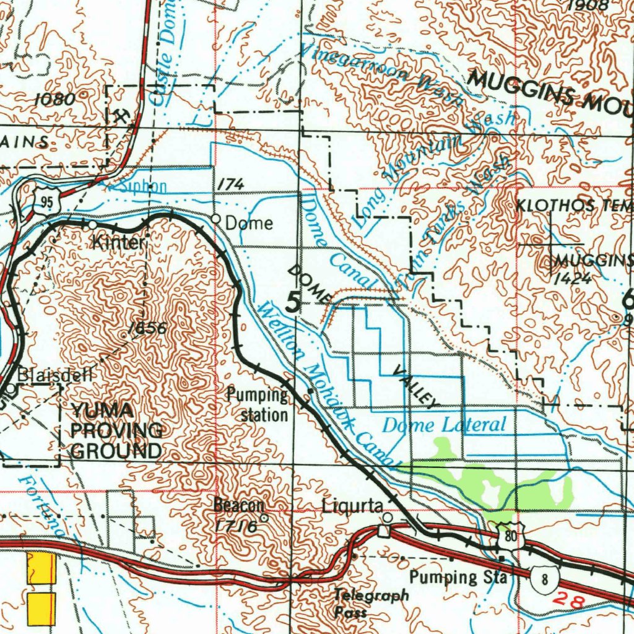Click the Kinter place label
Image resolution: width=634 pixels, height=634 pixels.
point(118,242)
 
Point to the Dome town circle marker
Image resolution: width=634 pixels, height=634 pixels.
point(215,219)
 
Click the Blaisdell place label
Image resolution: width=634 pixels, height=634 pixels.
point(55,375)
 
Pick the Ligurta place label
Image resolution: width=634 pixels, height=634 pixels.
point(352,506)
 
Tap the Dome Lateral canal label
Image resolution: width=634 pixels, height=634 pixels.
point(444,425)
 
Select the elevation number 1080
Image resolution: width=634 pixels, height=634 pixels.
point(54,99)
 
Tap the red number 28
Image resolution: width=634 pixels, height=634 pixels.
point(568,599)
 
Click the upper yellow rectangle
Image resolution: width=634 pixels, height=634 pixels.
point(41,568)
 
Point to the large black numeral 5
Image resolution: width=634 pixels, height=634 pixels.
point(293,302)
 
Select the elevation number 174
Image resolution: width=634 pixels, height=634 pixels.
point(230,184)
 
